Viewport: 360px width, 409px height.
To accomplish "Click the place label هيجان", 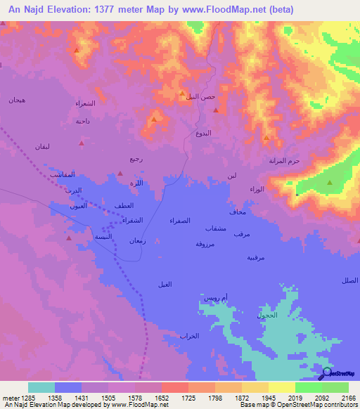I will [17, 100].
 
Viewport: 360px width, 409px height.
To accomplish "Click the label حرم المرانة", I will [284, 161].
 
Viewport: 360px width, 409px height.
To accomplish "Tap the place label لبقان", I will [42, 146].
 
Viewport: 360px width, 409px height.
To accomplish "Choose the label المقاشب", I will [63, 174].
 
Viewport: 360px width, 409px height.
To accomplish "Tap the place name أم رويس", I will [216, 299].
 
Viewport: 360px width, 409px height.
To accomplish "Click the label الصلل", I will [349, 280].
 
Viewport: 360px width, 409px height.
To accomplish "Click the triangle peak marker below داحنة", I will [82, 143].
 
